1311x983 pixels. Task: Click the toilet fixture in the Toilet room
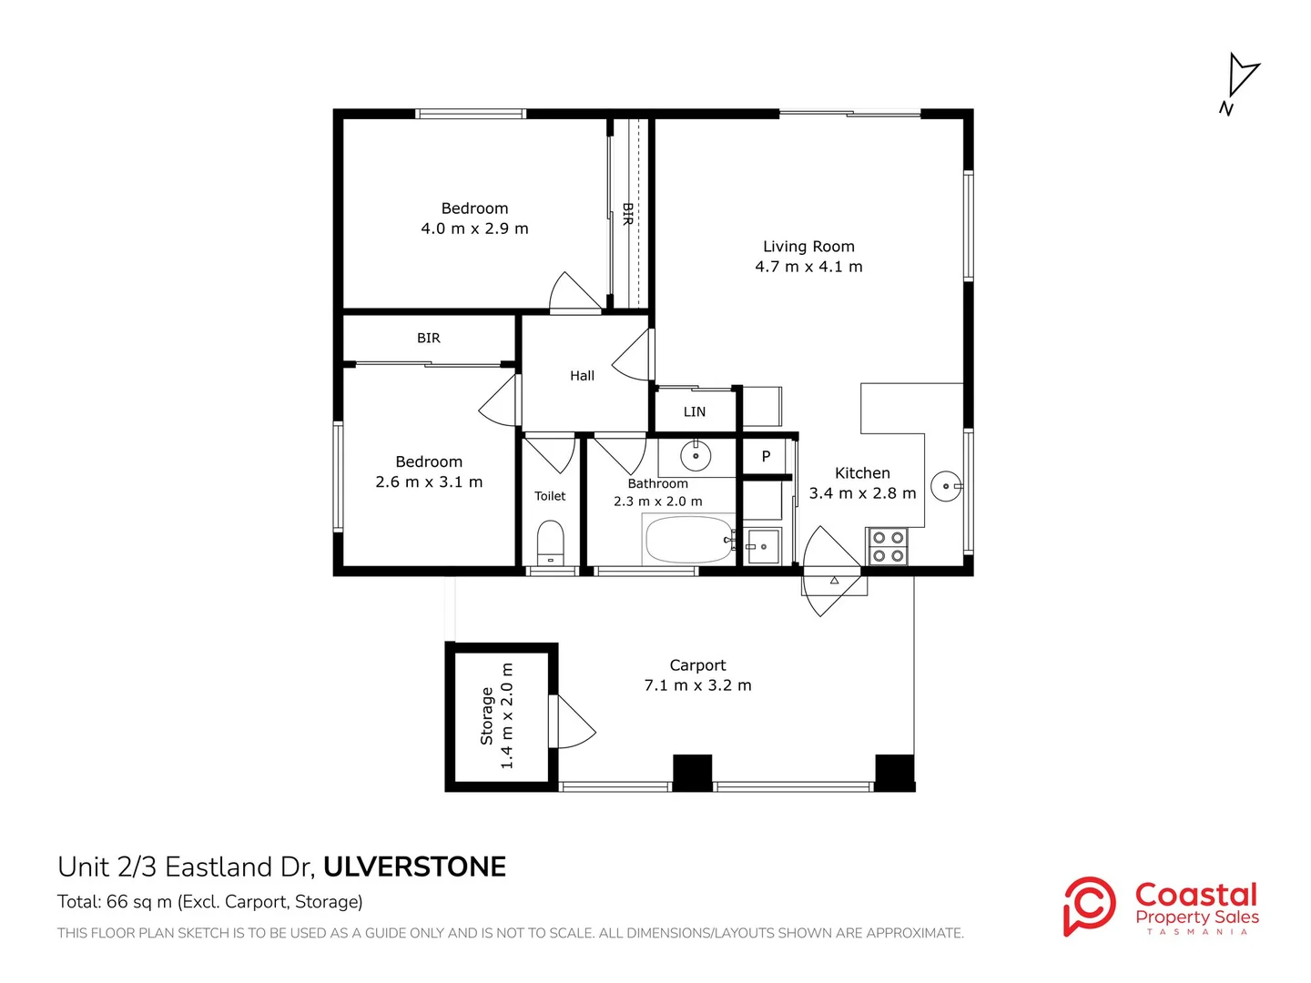click(550, 542)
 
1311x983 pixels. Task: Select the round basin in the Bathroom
click(696, 457)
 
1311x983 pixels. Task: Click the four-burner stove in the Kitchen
click(888, 547)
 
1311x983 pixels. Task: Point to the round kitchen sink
click(947, 486)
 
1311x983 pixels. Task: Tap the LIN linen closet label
click(694, 411)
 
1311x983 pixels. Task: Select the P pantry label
click(766, 457)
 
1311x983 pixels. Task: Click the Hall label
click(582, 376)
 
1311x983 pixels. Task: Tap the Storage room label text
click(486, 716)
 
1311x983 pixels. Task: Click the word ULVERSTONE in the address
click(414, 867)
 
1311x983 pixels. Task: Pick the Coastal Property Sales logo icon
click(1089, 906)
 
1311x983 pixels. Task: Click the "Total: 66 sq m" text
click(115, 902)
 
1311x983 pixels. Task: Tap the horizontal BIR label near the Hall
click(428, 339)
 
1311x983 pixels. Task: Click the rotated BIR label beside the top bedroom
click(627, 214)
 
